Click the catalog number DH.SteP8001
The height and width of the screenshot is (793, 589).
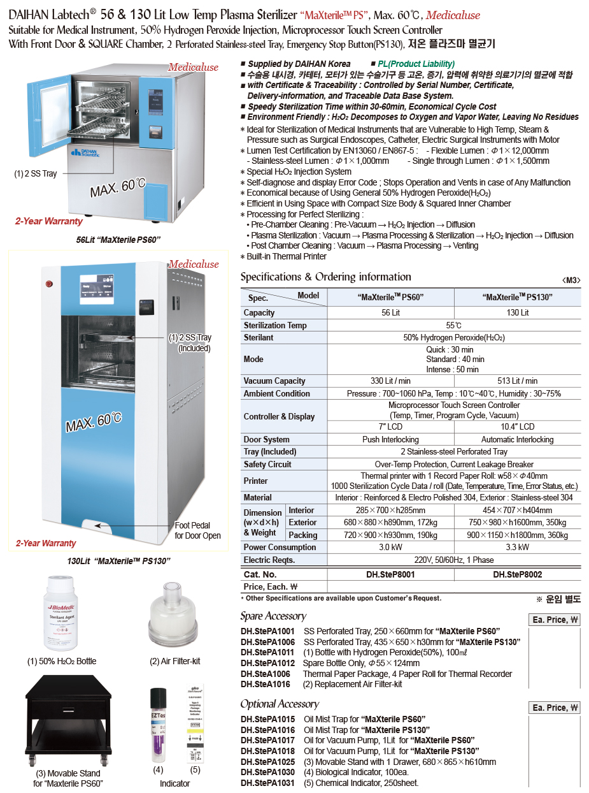(390, 574)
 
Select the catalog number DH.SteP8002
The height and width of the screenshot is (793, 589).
(517, 574)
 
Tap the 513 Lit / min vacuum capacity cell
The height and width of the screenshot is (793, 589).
(517, 381)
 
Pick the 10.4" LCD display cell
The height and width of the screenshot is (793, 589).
(517, 426)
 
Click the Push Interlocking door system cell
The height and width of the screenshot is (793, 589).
(390, 439)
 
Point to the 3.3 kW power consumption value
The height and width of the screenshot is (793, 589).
(517, 547)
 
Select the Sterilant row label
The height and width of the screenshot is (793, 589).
(259, 337)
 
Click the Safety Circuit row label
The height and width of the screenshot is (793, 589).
(267, 464)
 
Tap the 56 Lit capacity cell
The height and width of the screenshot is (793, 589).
(390, 312)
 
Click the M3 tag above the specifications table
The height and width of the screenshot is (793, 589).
(571, 280)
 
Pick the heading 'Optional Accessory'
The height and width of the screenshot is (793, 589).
(280, 704)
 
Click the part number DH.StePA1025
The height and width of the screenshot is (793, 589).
(267, 762)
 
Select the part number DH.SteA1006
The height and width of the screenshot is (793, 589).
(266, 674)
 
